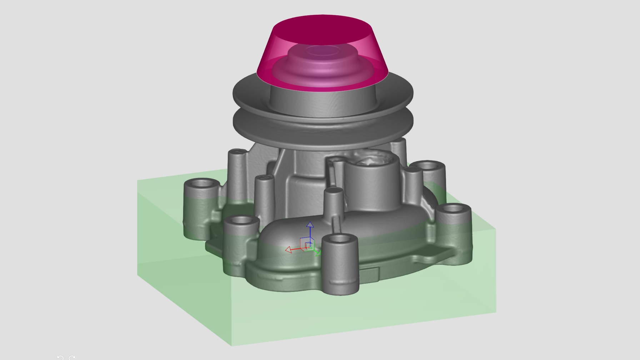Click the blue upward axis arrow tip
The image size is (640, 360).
310,224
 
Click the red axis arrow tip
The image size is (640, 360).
288,250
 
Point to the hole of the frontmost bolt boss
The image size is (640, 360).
340,238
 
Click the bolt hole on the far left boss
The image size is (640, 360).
202,184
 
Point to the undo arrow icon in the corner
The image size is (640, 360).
60,357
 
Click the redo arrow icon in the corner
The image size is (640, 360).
72,357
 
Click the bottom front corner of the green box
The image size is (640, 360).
231,345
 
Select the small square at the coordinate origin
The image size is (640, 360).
309,246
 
